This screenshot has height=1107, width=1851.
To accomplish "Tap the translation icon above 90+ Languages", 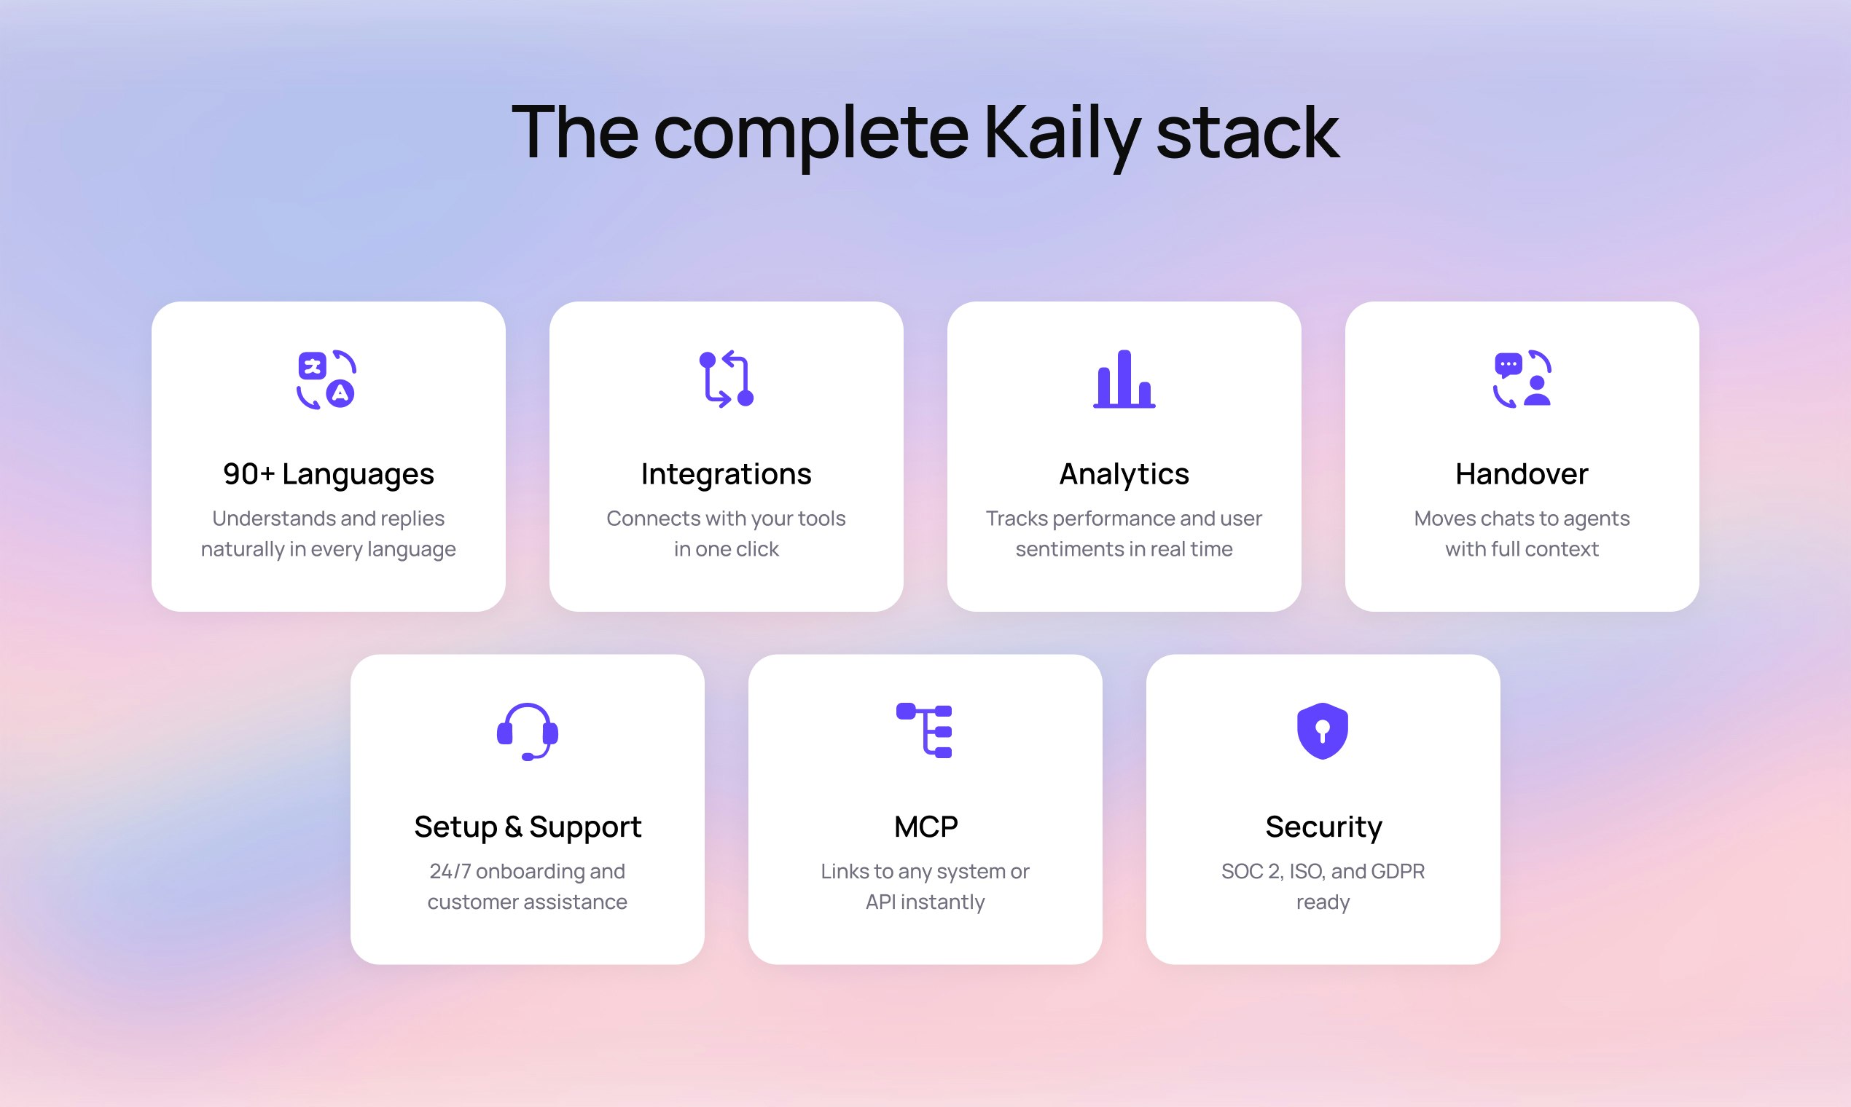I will point(326,379).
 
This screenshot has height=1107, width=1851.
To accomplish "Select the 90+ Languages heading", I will point(329,474).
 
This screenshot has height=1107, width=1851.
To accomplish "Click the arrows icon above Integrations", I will point(727,379).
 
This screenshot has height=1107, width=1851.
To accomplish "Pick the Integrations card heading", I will point(727,474).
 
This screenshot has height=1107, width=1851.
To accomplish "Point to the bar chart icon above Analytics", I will point(1124,379).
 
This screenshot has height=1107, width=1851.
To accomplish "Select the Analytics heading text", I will point(1124,474).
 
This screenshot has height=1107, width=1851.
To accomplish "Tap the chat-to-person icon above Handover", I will point(1522,379).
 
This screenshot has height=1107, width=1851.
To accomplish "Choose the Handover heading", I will point(1522,474).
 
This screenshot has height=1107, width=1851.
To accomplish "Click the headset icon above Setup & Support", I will point(528,732).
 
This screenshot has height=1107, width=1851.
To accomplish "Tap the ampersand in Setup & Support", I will point(513,827).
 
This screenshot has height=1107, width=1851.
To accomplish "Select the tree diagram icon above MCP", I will point(925,731).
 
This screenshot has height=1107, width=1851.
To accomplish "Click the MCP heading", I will point(925,827).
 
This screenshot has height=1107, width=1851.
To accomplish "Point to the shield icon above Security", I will point(1323,731).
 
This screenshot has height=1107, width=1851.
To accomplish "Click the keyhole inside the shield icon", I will point(1323,730).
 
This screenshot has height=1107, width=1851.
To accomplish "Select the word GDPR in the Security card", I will point(1398,871).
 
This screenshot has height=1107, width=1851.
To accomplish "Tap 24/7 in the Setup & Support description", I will point(450,871).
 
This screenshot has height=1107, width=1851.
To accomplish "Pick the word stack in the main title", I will point(1247,134).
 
